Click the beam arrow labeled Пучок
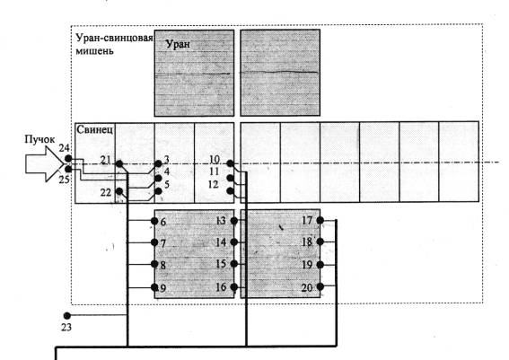[x=45, y=163]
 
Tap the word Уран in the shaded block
[x=178, y=44]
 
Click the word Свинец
[x=95, y=129]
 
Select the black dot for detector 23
[x=66, y=315]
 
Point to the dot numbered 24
[x=68, y=158]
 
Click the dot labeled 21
[x=119, y=163]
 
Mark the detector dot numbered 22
[x=119, y=191]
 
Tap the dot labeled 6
[x=154, y=221]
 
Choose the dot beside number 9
[x=154, y=287]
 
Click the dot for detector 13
[x=234, y=221]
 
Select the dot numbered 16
[x=234, y=287]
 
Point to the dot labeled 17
[x=320, y=221]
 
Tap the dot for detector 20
[x=320, y=286]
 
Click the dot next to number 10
[x=230, y=163]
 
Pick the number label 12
[x=213, y=184]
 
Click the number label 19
[x=307, y=265]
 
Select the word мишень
[x=94, y=51]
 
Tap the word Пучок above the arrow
[x=39, y=139]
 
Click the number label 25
[x=64, y=180]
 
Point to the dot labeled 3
[x=158, y=163]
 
